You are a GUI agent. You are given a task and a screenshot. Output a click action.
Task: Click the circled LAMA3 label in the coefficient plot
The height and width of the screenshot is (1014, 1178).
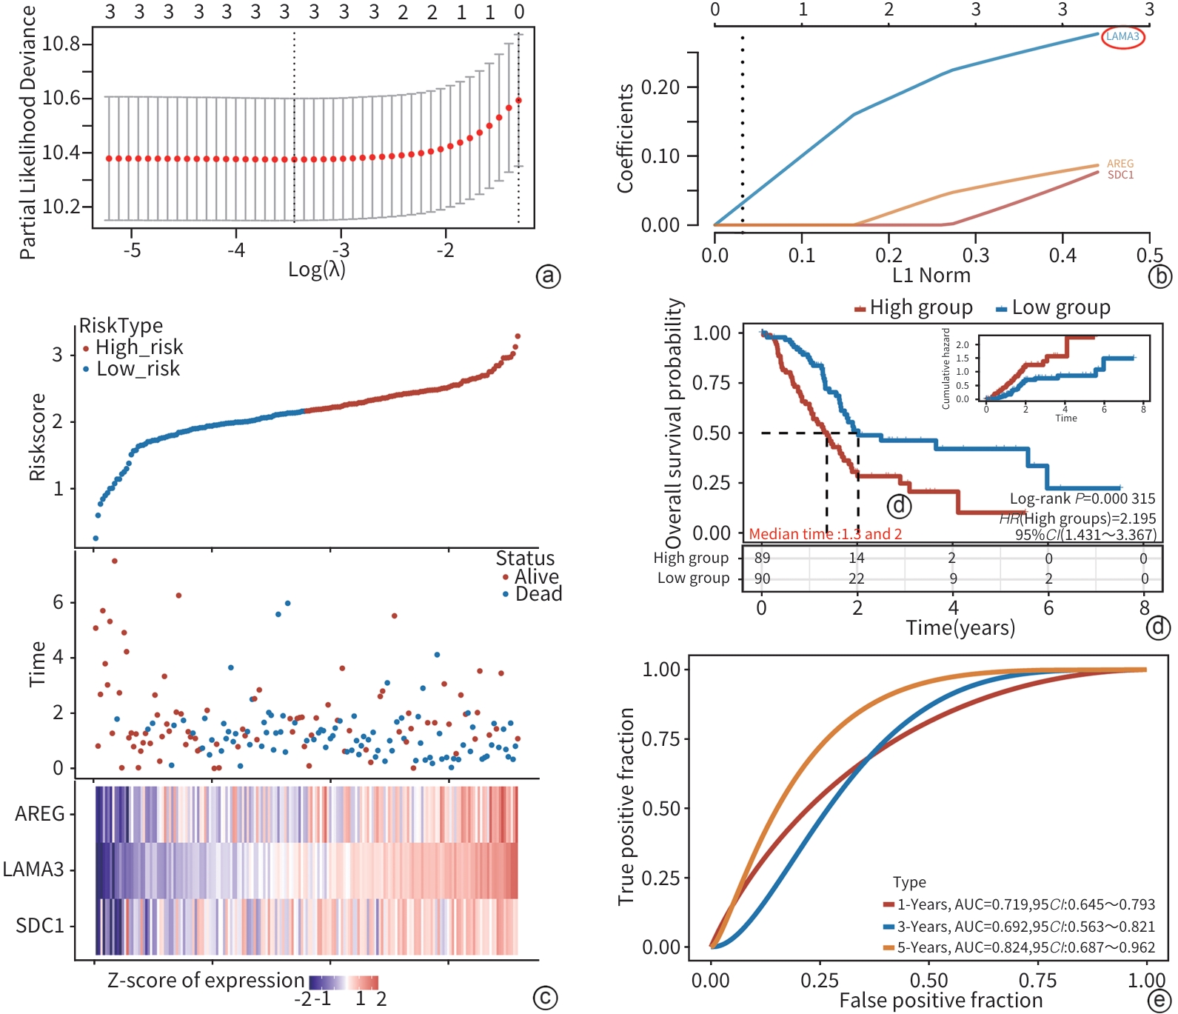pos(1122,36)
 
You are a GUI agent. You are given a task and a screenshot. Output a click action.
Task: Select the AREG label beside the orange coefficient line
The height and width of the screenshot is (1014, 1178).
pos(1120,164)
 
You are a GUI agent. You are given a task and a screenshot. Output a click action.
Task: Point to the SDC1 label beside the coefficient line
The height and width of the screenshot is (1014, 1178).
pos(1120,175)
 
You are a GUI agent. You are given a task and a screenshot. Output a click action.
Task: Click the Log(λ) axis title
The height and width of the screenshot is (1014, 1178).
pos(317,269)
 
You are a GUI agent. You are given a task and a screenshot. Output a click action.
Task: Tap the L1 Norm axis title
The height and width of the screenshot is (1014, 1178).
pos(931,276)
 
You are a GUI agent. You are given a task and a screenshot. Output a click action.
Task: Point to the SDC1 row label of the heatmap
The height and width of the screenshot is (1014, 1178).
pos(40,926)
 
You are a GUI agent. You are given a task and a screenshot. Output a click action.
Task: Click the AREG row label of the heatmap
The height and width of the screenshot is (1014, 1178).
pos(40,813)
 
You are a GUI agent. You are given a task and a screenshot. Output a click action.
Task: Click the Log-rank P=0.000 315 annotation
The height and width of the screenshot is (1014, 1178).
pos(1082,498)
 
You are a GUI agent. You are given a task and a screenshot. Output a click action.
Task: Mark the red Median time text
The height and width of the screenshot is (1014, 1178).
pos(825,534)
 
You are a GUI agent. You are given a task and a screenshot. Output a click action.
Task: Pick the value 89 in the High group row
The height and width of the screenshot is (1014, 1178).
pos(762,558)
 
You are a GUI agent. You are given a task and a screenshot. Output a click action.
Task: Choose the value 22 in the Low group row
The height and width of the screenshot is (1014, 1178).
pos(857,578)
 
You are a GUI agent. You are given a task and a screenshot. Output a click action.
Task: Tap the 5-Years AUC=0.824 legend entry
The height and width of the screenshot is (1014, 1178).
pos(1025,947)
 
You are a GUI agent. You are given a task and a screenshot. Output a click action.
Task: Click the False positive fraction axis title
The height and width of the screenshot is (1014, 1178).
pos(940,1001)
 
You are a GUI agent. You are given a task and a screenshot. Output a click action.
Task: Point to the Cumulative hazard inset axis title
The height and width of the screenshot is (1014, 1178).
pos(946,368)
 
